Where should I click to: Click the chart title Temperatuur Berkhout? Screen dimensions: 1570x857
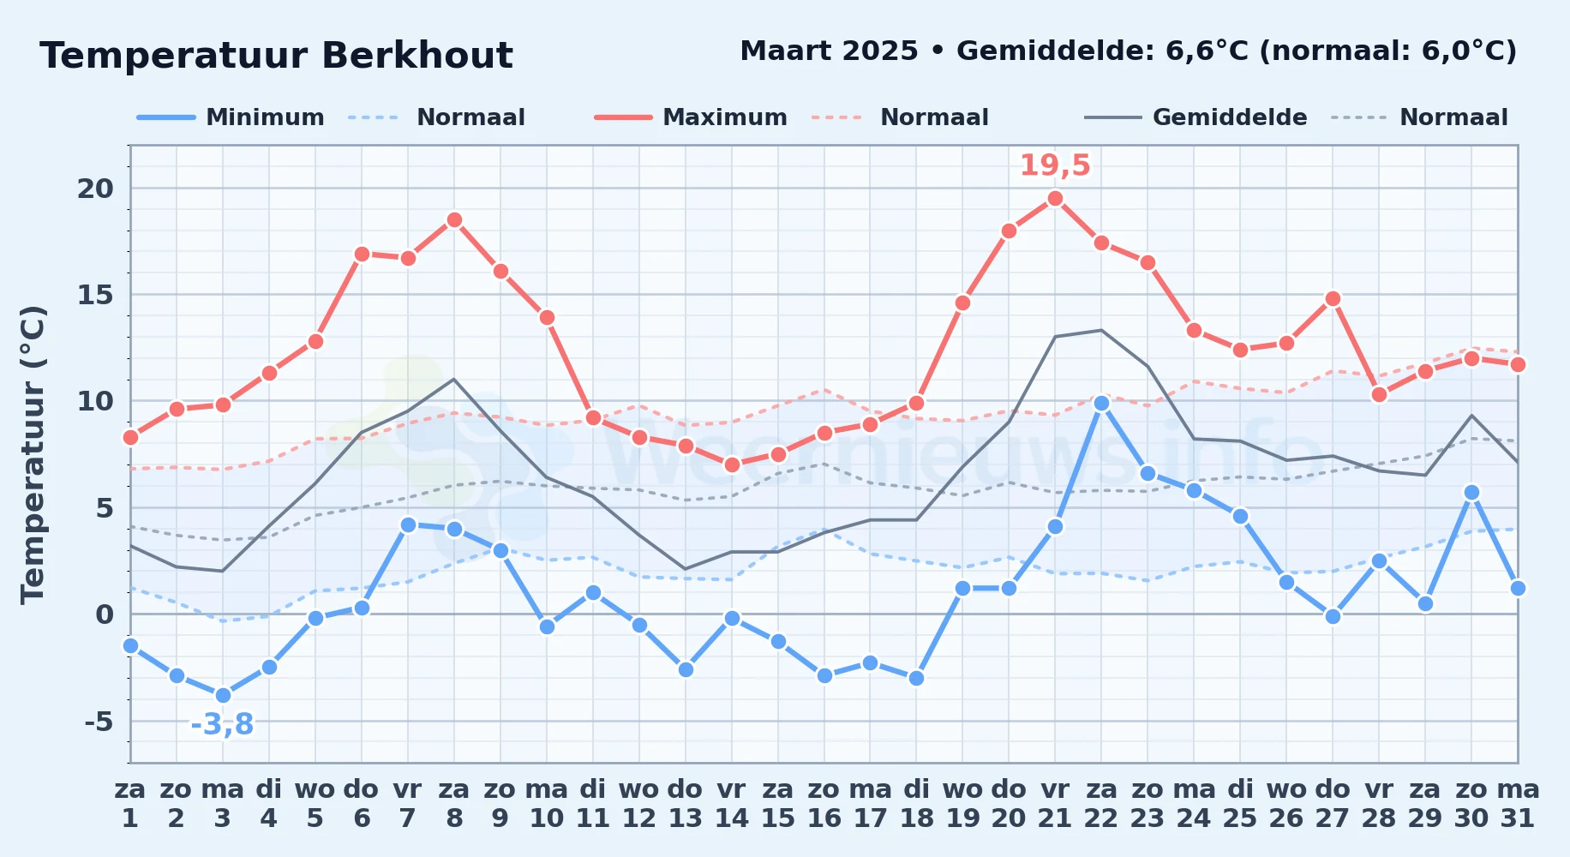(276, 56)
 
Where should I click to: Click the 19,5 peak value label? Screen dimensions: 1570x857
(1055, 165)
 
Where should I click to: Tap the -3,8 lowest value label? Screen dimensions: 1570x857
(222, 725)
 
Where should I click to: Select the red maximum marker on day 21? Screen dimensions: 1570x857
(1055, 199)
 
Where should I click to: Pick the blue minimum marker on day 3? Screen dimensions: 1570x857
(223, 695)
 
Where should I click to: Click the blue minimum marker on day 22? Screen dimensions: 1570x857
(1101, 403)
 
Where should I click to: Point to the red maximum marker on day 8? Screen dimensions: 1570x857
(454, 220)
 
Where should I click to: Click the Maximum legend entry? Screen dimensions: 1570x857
(692, 117)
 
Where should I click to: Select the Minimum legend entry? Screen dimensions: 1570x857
(231, 117)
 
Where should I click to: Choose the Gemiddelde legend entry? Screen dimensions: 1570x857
(1196, 117)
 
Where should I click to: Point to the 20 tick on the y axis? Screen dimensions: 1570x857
(95, 189)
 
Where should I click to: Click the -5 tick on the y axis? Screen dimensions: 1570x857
(99, 722)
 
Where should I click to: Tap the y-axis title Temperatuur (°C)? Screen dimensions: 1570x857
(33, 454)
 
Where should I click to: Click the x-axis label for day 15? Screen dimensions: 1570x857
(778, 804)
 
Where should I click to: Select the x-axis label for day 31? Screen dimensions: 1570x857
(1518, 804)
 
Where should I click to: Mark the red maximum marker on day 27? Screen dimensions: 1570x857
(1333, 299)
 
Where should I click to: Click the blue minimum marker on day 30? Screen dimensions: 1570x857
(1471, 493)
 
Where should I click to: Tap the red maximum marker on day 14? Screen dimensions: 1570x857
(732, 464)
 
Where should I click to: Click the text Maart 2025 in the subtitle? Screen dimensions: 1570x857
(829, 51)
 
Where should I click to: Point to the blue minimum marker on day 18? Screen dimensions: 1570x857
(916, 678)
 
